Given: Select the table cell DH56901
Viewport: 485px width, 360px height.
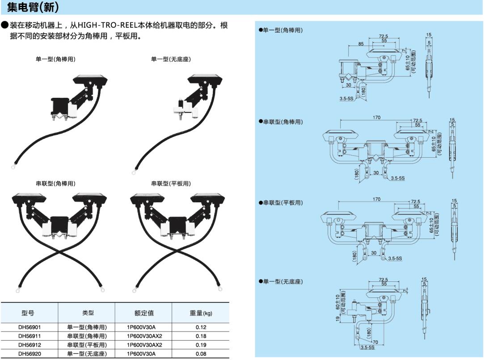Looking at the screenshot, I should (30, 327).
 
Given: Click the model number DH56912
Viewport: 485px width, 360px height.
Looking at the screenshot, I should (30, 345).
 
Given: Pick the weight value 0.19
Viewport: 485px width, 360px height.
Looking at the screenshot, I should (201, 345).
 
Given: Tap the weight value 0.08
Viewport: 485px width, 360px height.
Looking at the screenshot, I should (201, 354).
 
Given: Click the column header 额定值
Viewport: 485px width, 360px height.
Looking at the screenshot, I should (144, 313).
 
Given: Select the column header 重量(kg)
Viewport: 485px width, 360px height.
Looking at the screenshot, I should (201, 313).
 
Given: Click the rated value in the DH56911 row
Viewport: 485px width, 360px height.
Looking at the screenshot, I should (144, 336).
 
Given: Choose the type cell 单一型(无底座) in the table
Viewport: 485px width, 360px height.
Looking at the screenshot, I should (87, 354).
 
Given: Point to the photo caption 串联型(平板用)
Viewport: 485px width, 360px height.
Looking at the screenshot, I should (170, 184).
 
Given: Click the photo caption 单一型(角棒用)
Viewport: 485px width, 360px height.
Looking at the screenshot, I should (55, 59).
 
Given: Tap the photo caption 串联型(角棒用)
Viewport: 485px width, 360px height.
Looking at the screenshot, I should (55, 184).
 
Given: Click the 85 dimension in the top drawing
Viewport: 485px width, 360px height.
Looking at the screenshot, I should (361, 44).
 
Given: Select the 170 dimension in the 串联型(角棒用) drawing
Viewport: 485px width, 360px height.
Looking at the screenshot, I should (376, 118).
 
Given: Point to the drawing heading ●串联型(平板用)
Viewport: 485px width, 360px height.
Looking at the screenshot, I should (280, 203).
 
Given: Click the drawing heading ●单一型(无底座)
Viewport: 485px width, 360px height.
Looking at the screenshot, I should (280, 281).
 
